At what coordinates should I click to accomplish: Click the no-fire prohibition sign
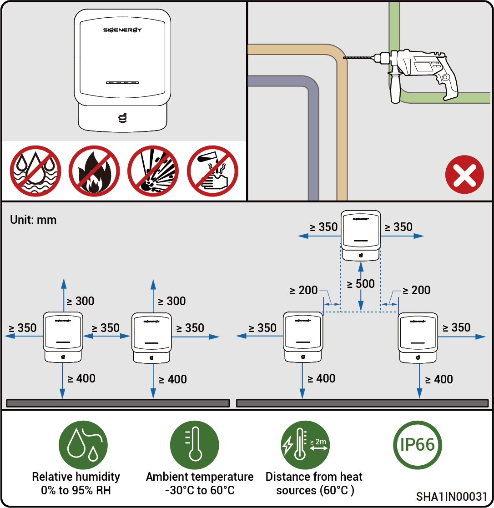click(x=94, y=171)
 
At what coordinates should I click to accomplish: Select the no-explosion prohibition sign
click(x=153, y=171)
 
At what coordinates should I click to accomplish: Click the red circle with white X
click(x=464, y=175)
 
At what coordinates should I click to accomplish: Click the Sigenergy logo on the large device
click(x=122, y=30)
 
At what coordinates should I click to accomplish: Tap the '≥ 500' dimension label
click(x=361, y=284)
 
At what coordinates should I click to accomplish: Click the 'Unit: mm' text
click(x=33, y=220)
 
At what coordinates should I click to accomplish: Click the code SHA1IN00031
click(x=452, y=496)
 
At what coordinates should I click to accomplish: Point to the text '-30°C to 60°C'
click(x=200, y=491)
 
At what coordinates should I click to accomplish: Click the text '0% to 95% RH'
click(x=76, y=491)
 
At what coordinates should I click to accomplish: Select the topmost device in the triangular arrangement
click(x=361, y=235)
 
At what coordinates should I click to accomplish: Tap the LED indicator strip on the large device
click(x=122, y=83)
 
